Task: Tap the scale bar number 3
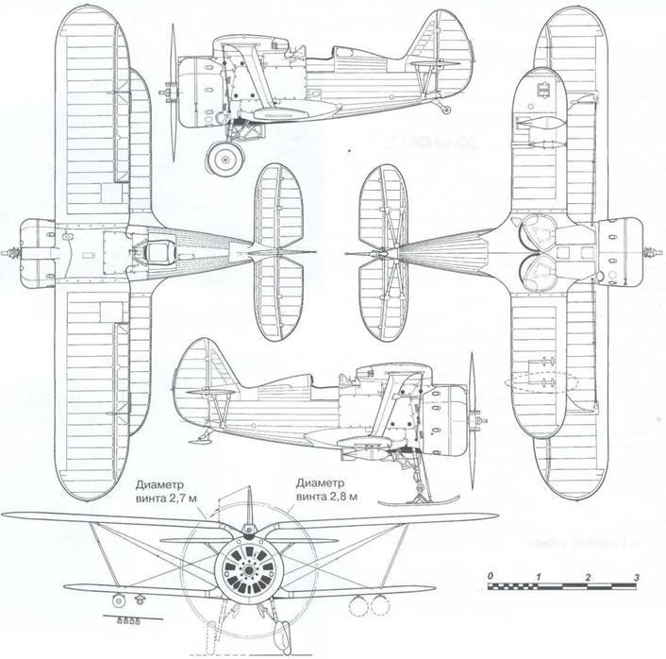[x=636, y=578]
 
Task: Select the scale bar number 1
[x=539, y=577]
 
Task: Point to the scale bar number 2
[x=588, y=578]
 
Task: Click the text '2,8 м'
[x=342, y=497]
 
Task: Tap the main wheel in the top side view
[x=225, y=159]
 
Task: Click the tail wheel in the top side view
[x=446, y=110]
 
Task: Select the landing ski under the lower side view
[x=419, y=500]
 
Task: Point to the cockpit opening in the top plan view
[x=158, y=252]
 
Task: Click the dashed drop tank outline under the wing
[x=541, y=381]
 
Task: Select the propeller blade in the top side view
[x=174, y=93]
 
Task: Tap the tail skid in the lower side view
[x=200, y=438]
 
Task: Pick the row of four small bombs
[x=128, y=621]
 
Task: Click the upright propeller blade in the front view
[x=250, y=506]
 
